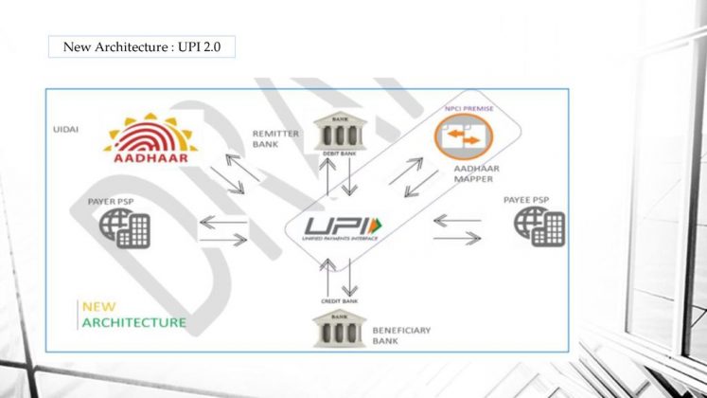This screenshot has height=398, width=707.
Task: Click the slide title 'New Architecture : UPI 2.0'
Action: point(141,45)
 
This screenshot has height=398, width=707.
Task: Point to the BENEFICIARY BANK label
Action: point(400,335)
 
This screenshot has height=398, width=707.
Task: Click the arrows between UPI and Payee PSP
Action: point(456,228)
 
